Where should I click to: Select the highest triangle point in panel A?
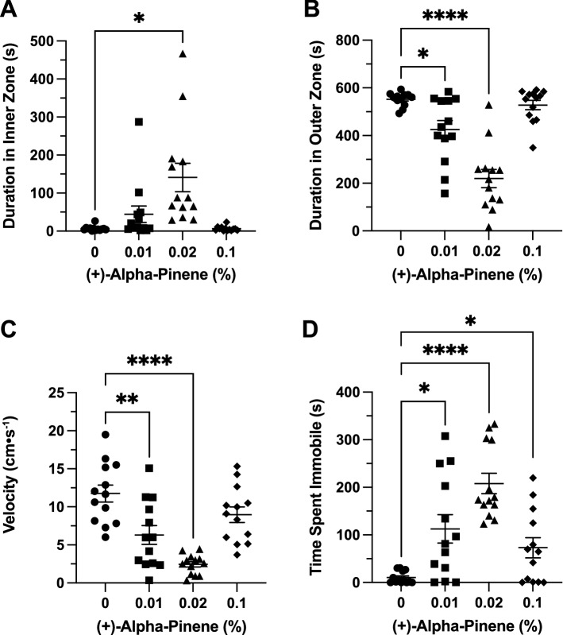183,54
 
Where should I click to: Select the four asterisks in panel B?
445,14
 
